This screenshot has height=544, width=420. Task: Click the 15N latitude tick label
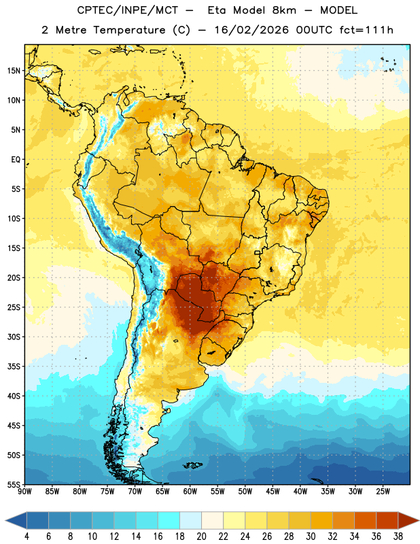point(14,71)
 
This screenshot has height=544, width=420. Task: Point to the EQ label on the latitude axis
point(16,160)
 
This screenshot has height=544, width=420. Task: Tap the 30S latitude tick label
point(14,337)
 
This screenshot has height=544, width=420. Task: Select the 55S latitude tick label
point(14,485)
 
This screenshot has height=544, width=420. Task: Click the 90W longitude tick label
point(24,492)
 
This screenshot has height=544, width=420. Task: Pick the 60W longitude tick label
point(190,492)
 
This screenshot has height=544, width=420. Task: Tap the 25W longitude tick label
point(383,492)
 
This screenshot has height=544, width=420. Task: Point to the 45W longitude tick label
point(273,492)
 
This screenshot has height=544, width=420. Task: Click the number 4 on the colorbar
point(27,537)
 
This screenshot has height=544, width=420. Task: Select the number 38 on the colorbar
point(398,537)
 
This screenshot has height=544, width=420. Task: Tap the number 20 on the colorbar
point(201,537)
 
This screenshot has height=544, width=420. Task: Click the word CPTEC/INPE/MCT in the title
point(127,10)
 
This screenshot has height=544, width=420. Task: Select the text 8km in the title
point(284,10)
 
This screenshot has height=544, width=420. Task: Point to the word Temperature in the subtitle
point(129,30)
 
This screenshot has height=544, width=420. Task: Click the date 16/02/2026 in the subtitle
point(251,30)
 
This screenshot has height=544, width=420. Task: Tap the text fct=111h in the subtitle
point(366,30)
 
